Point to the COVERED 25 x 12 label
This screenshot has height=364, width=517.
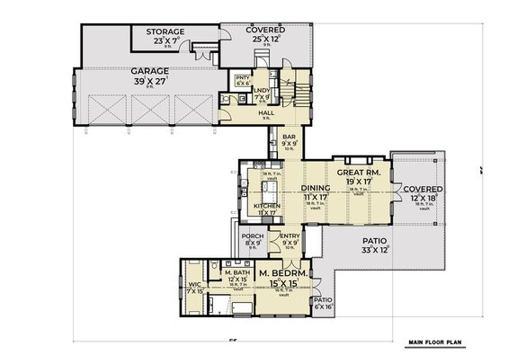coord(266,31)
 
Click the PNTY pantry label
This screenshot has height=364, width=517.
coord(241,78)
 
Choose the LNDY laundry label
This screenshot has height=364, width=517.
coord(262,91)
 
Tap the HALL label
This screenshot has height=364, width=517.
coord(266,113)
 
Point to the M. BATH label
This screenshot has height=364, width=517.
coord(236,272)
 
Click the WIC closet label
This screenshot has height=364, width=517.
coord(194,287)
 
